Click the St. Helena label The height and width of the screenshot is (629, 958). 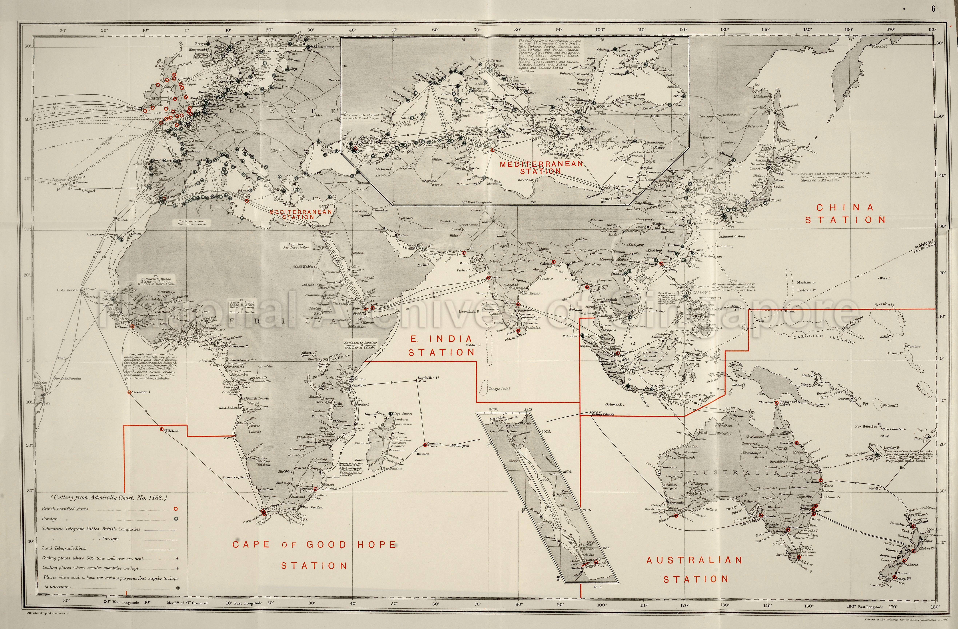coord(171,431)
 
